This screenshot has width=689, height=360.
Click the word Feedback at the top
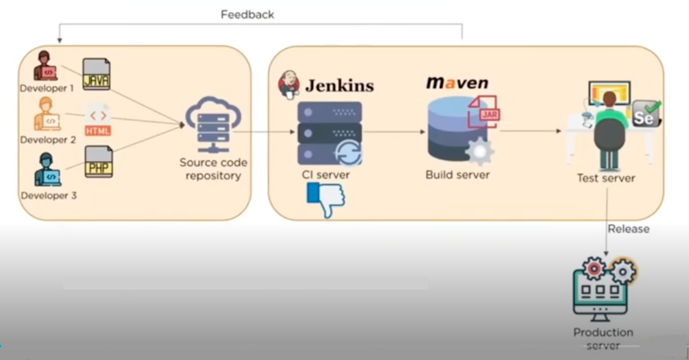click(247, 14)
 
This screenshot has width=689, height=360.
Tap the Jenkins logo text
click(339, 85)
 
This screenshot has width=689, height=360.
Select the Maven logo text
click(457, 83)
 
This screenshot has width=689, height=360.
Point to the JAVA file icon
click(96, 75)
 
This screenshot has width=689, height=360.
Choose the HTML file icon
click(98, 120)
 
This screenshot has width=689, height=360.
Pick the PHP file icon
click(98, 162)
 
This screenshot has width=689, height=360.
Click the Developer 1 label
click(46, 88)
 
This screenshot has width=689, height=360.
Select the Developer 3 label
click(48, 196)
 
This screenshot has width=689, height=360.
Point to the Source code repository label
click(213, 169)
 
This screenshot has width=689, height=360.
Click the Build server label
click(457, 175)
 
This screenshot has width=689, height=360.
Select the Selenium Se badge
click(644, 115)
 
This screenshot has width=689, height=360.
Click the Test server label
click(606, 178)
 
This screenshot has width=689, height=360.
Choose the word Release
click(628, 229)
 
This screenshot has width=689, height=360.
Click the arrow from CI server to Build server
click(394, 131)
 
